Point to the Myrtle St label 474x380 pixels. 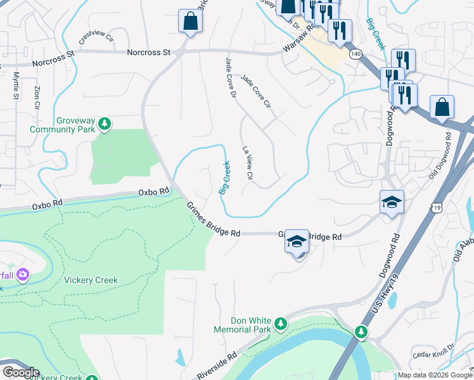16,85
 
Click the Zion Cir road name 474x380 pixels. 37,96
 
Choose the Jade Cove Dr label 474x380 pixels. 231,78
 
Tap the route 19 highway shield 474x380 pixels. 437,207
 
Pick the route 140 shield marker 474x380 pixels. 355,55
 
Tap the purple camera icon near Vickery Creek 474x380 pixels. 23,274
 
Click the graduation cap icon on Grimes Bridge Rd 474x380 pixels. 297,242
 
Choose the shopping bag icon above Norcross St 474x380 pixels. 190,22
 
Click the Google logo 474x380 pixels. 20,372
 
